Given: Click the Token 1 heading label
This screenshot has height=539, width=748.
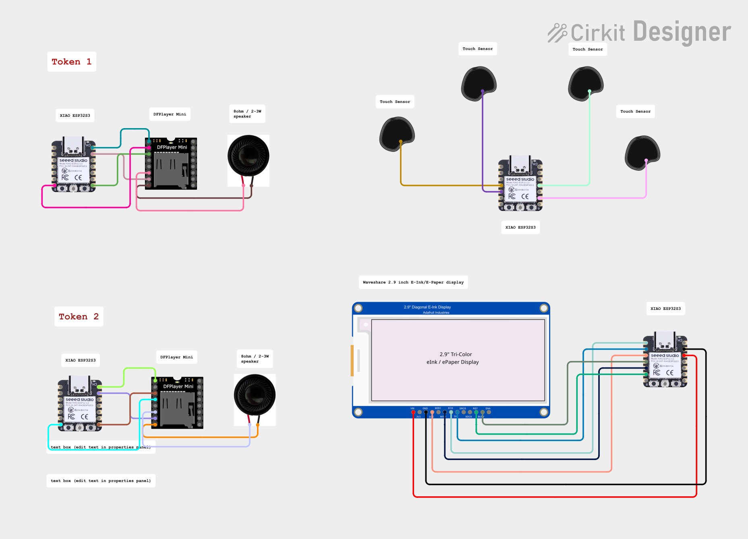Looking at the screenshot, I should pyautogui.click(x=72, y=62).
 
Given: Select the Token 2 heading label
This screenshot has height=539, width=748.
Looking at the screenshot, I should pyautogui.click(x=79, y=317).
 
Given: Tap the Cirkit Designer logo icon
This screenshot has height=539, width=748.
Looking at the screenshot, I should pyautogui.click(x=557, y=33).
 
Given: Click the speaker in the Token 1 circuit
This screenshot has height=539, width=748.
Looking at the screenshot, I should pyautogui.click(x=248, y=156).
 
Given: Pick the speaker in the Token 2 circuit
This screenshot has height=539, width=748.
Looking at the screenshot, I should pyautogui.click(x=255, y=395).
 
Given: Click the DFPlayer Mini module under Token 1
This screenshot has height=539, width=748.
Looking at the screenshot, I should pyautogui.click(x=171, y=164).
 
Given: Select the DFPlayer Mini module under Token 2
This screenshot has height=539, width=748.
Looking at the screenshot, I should pyautogui.click(x=177, y=402).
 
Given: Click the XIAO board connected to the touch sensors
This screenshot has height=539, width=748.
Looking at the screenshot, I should pyautogui.click(x=520, y=184).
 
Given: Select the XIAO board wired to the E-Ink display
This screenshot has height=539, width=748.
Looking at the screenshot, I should pyautogui.click(x=665, y=361).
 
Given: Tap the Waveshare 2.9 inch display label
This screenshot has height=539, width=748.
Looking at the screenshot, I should pyautogui.click(x=413, y=282).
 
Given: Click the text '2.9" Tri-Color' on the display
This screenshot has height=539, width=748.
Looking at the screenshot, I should pyautogui.click(x=456, y=354).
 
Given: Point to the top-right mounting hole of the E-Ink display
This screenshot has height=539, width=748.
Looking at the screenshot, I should pyautogui.click(x=544, y=308).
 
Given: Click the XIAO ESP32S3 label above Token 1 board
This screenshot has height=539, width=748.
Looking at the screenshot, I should pyautogui.click(x=75, y=116).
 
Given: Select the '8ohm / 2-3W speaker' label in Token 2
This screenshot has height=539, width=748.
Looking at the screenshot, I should pyautogui.click(x=255, y=359).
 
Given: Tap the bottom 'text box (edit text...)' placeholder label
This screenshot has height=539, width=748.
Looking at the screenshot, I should pyautogui.click(x=101, y=481).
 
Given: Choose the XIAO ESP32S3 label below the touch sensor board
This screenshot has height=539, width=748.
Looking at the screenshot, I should pyautogui.click(x=520, y=228).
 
